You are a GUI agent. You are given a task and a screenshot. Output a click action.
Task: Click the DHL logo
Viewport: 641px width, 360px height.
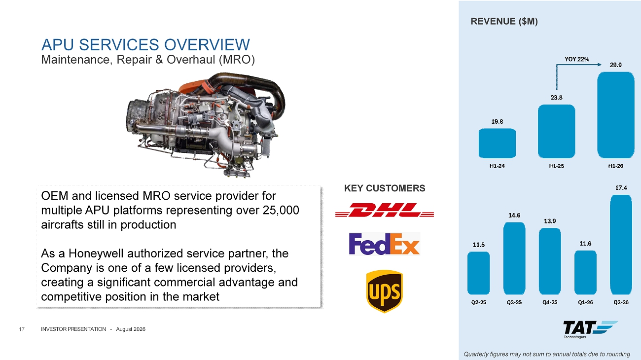point(384,210)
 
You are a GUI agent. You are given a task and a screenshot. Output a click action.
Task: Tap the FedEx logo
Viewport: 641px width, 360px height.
point(384,244)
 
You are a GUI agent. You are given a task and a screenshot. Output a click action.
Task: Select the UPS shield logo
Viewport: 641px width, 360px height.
point(384,291)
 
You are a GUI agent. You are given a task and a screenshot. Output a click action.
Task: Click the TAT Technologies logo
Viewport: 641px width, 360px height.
point(590,329)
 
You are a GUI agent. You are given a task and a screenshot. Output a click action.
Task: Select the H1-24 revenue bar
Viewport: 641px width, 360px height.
point(497,144)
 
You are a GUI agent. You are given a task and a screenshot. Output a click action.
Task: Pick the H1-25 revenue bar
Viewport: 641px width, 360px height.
point(556,131)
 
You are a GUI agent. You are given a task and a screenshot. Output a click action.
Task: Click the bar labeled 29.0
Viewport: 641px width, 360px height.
point(615,115)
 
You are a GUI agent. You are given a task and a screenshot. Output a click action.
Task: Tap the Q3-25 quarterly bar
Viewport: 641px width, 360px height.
point(514,258)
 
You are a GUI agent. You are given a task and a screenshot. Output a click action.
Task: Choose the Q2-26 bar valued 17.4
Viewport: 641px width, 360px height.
point(621,245)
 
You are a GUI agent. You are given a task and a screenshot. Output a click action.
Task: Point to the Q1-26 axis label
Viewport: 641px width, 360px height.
point(585,302)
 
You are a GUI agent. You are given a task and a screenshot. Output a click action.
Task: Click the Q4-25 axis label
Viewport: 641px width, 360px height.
point(550,302)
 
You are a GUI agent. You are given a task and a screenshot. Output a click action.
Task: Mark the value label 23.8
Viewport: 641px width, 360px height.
point(556,98)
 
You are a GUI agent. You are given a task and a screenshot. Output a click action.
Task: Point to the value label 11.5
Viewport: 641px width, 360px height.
point(478,245)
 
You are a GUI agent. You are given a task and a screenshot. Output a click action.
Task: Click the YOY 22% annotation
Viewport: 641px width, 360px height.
point(576,59)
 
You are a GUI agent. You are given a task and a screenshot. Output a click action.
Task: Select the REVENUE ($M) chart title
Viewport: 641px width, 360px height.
point(504,22)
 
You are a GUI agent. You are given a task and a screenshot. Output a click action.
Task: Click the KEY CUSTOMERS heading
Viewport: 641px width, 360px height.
point(385,188)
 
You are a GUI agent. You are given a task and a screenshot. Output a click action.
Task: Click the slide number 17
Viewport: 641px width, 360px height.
point(22,329)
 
